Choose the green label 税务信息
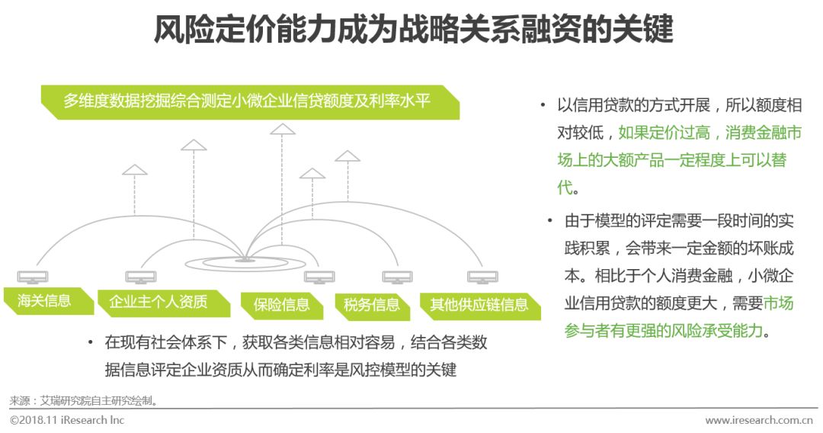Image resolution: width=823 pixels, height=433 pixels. (372, 305)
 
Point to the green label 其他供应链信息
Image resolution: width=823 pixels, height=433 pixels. (479, 305)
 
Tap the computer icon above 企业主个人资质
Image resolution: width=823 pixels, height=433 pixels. (140, 277)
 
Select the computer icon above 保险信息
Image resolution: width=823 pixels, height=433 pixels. (320, 277)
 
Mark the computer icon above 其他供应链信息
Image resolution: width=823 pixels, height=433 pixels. (482, 277)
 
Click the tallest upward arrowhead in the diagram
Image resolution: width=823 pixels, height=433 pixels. (283, 129)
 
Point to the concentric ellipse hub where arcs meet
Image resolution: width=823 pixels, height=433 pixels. (244, 262)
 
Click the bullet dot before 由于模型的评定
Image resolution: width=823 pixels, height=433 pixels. (549, 221)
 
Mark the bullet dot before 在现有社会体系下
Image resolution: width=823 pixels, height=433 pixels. (90, 343)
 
